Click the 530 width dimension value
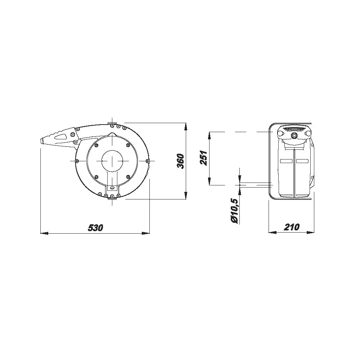tap(95, 228)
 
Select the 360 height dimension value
tap(181, 161)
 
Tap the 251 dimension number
tap(203, 158)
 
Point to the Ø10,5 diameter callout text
tap(235, 211)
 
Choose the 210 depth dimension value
tap(292, 227)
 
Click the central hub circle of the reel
tap(112, 161)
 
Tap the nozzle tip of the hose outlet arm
tap(42, 141)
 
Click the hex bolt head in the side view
tap(294, 135)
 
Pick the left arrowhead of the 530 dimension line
tap(44, 233)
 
